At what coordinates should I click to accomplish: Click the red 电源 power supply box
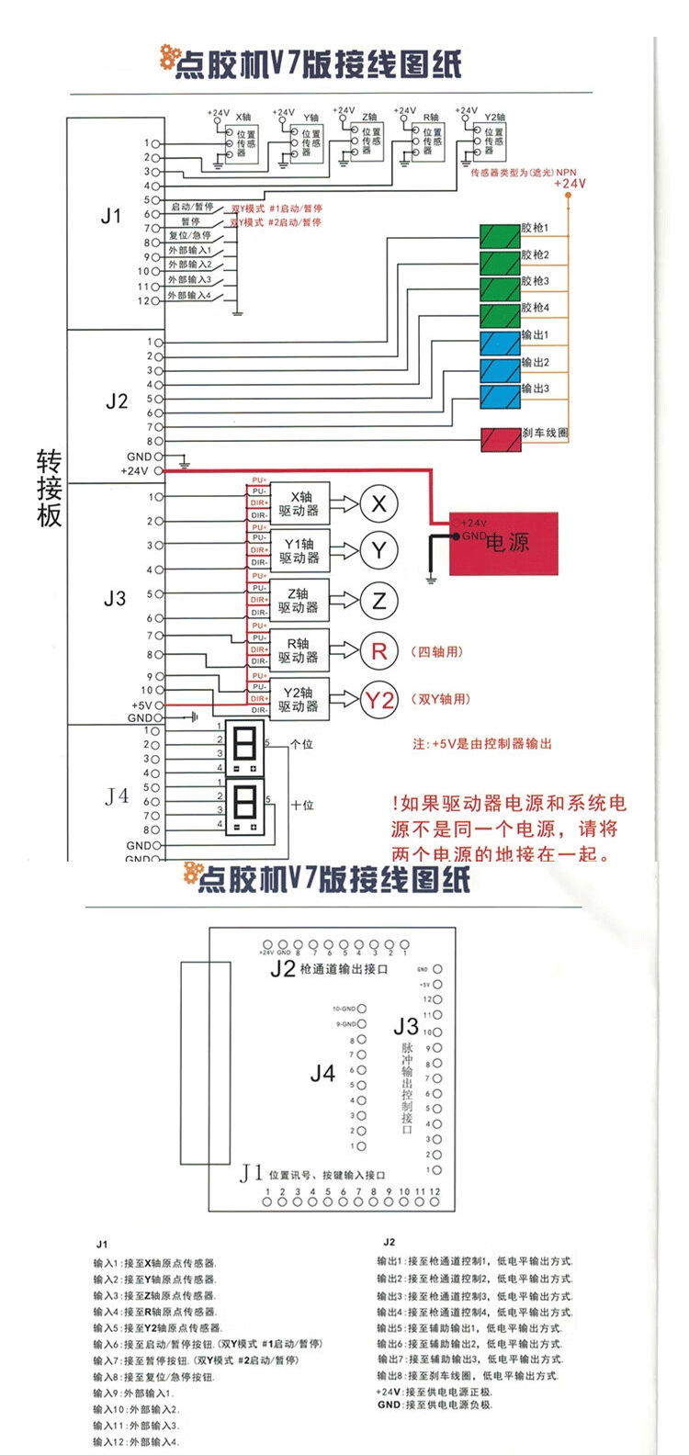503,543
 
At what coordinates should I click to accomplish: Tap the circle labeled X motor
378,503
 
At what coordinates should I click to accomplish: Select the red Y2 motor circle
378,701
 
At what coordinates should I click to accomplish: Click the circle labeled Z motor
378,602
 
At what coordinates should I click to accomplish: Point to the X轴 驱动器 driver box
299,503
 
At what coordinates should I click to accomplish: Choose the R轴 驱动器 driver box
299,650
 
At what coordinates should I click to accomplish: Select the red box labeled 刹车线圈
500,439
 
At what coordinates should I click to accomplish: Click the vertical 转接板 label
50,488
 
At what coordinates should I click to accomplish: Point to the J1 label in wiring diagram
111,217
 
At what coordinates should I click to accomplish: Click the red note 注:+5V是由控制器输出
481,744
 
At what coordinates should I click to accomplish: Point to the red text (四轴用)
437,652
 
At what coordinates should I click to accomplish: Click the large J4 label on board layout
322,1073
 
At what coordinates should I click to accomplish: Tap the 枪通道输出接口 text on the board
344,969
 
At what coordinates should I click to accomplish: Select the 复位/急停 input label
190,236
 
